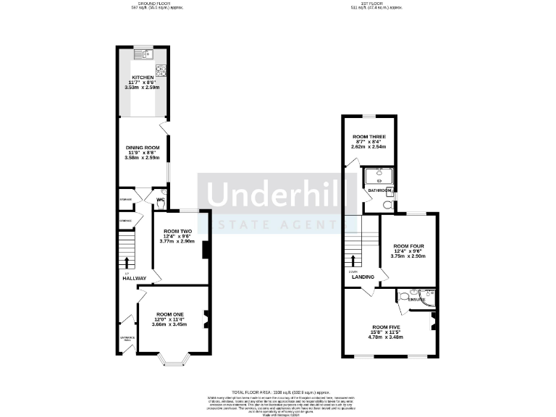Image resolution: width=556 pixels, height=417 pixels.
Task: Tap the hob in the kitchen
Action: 162,70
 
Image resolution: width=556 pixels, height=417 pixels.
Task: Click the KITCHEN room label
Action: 142,77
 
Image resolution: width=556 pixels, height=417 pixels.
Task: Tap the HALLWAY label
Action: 134,278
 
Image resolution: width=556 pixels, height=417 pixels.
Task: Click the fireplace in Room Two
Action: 206,249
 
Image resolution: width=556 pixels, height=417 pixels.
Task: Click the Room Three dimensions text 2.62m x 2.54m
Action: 368,146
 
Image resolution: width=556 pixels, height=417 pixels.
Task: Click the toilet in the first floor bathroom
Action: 386,205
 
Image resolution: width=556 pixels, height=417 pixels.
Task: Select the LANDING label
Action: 363,277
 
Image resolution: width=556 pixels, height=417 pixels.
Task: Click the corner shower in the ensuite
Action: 429,295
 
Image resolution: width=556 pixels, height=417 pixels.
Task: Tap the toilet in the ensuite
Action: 403,295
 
